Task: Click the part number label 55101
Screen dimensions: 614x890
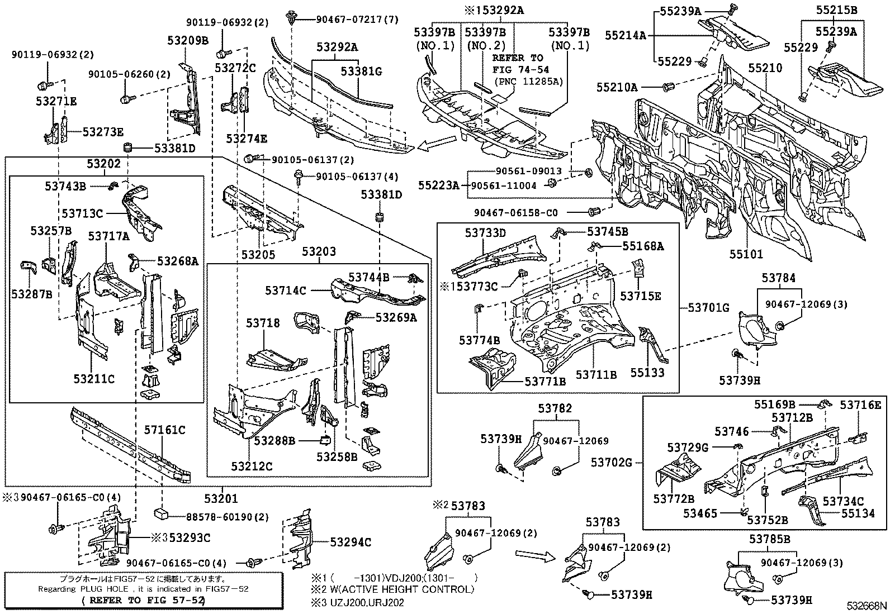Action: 745,254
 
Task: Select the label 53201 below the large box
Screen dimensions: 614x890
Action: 220,498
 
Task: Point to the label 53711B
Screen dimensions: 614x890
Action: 597,375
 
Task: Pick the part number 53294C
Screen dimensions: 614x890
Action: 351,542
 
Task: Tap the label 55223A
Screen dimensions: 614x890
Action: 438,185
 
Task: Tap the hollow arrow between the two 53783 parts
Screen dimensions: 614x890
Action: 534,555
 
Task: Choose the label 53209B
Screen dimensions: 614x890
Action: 187,40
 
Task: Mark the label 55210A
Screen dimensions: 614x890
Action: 617,87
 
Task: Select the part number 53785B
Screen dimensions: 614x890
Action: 770,539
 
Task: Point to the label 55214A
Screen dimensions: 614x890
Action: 625,35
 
